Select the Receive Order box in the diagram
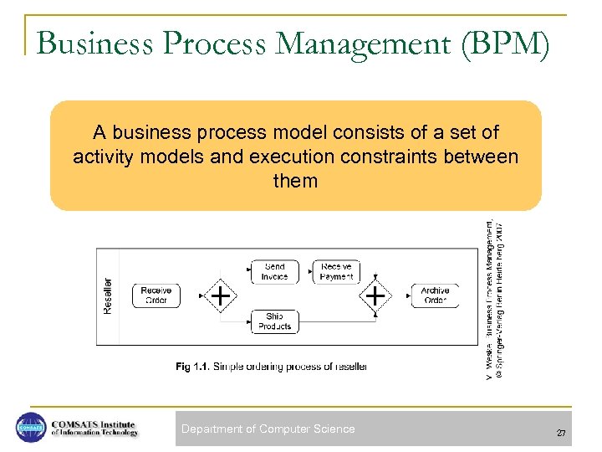click(156, 295)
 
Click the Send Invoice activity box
click(274, 271)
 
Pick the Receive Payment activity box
click(336, 271)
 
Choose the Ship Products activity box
click(274, 321)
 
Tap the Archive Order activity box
click(435, 295)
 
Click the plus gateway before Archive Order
click(376, 295)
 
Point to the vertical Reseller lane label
click(107, 295)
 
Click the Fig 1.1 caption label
click(193, 366)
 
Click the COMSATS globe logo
click(31, 428)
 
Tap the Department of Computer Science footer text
click(268, 429)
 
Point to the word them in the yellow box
click(295, 181)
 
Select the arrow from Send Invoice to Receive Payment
click(306, 271)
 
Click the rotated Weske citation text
click(494, 297)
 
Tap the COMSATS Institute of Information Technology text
click(94, 428)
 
